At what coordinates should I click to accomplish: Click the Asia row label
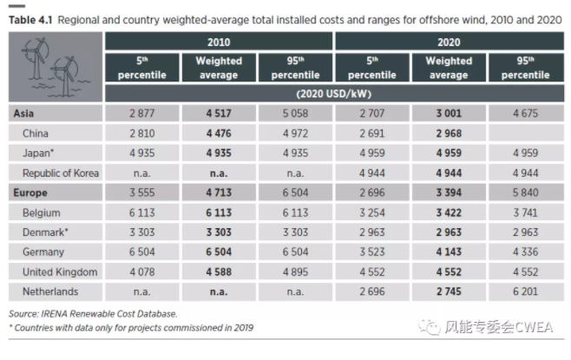click(x=24, y=114)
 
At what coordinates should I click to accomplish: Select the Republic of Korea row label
click(x=64, y=173)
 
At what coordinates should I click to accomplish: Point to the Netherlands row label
click(x=51, y=292)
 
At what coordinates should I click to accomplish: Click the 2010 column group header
click(x=218, y=42)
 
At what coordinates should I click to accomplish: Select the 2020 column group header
click(x=448, y=42)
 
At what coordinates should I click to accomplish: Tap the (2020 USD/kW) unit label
click(x=333, y=93)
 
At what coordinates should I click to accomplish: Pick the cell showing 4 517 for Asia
click(x=218, y=114)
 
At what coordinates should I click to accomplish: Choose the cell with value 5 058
click(x=295, y=114)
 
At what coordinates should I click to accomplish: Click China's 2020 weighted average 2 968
click(x=448, y=134)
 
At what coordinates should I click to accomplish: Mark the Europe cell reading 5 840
click(x=525, y=193)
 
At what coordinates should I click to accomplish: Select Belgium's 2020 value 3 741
click(x=525, y=213)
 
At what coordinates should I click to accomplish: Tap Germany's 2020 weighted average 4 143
click(x=448, y=252)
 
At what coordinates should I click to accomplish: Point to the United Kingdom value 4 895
click(x=295, y=272)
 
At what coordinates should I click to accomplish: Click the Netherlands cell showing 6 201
click(x=525, y=292)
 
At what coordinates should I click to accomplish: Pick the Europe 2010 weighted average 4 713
click(x=218, y=193)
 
